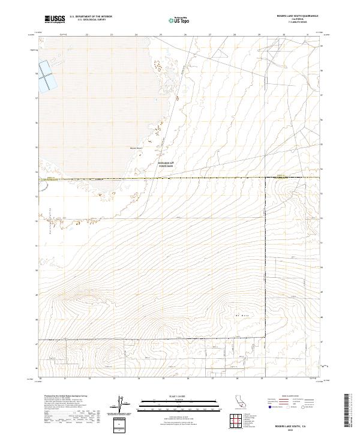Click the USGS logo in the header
(x=54, y=19)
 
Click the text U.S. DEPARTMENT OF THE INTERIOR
(x=91, y=17)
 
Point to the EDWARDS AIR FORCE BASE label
(x=165, y=165)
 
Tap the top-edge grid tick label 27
(x=210, y=35)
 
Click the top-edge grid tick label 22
(x=87, y=35)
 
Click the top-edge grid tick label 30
(x=283, y=35)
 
